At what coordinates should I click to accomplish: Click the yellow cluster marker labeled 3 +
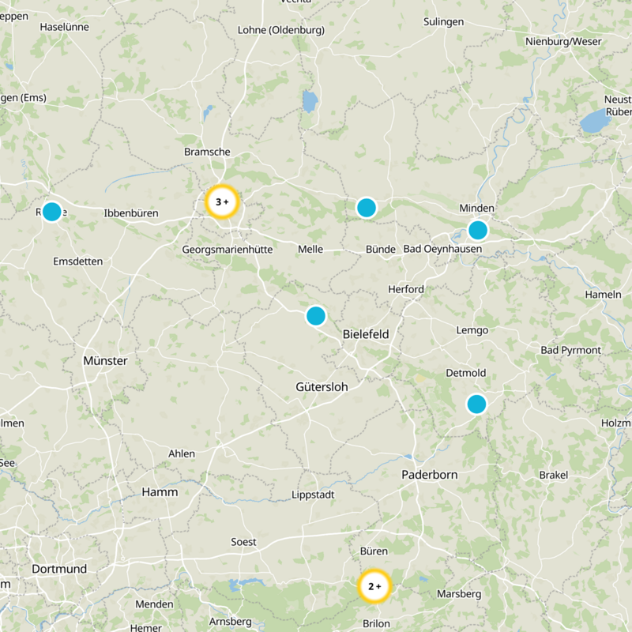point(222,201)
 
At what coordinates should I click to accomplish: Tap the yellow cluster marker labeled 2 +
point(374,586)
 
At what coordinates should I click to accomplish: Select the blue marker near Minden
point(477,230)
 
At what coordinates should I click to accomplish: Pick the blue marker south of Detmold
point(476,404)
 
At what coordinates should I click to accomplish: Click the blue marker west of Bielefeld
point(315,316)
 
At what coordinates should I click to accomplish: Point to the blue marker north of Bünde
point(366,208)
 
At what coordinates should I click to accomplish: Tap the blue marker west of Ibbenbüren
point(51,212)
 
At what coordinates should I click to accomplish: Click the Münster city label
point(105,360)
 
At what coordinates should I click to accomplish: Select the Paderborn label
point(430,474)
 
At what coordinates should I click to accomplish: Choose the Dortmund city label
point(59,569)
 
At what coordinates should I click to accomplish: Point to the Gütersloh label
point(322,387)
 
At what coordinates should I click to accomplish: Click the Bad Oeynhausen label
point(442,249)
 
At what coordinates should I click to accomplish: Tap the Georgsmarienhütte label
point(227,249)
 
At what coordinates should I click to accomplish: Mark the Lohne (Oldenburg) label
point(280,30)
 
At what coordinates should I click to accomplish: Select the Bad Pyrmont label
point(570,350)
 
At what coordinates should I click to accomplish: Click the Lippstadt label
point(313,495)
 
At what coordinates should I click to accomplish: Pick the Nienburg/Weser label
point(563,41)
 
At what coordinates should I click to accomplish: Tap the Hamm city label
point(160,491)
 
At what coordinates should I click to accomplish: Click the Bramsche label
point(207,151)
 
